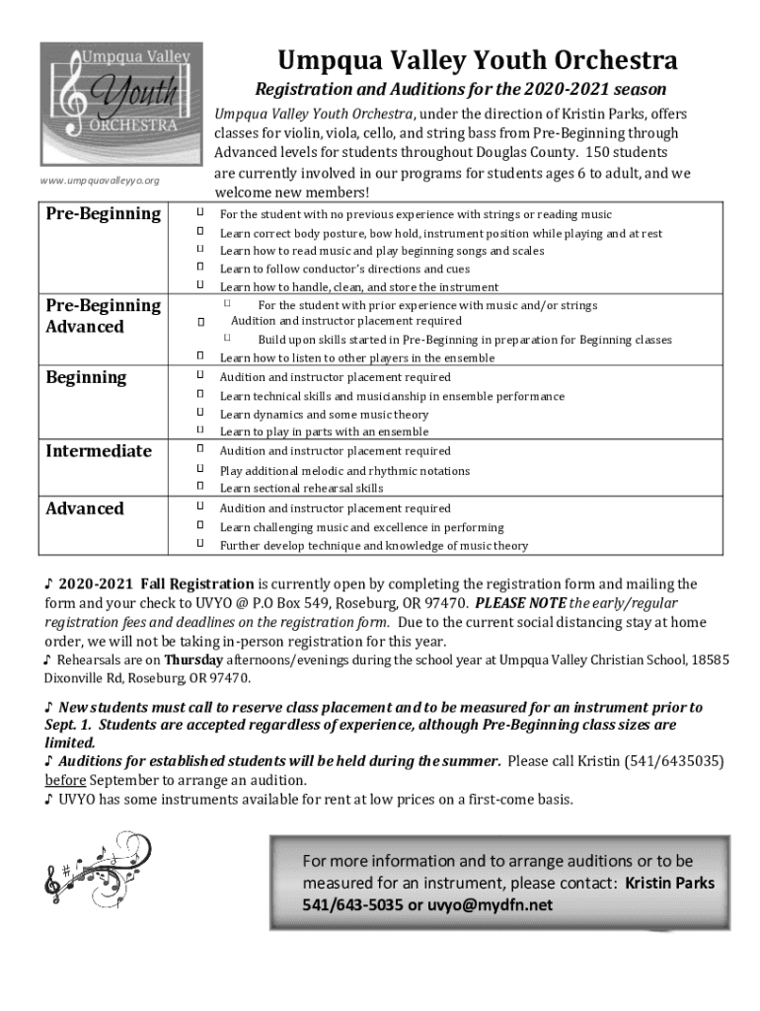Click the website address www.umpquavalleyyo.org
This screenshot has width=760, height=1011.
click(100, 181)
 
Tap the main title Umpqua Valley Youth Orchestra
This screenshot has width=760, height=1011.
click(477, 61)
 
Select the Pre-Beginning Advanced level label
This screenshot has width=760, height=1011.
click(103, 316)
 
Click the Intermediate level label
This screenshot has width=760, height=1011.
click(99, 451)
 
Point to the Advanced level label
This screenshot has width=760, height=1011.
click(85, 508)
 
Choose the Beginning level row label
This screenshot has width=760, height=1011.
click(86, 377)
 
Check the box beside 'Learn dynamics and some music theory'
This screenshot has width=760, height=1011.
click(199, 414)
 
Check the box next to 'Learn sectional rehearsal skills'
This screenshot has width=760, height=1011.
click(199, 487)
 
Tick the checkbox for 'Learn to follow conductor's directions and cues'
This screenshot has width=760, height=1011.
click(199, 268)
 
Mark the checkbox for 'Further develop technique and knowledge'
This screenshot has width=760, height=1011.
click(199, 544)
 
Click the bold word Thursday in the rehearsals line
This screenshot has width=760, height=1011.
click(194, 660)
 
